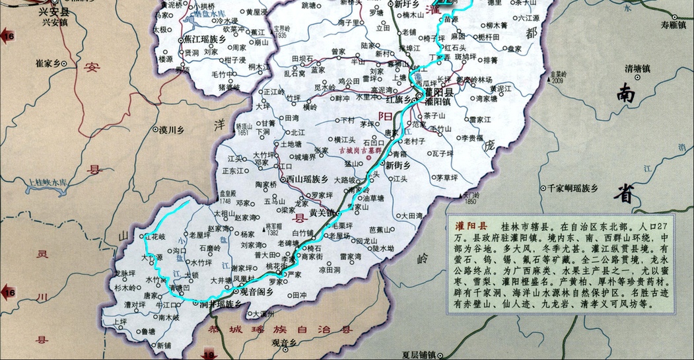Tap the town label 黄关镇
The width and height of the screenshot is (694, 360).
pyautogui.click(x=323, y=205)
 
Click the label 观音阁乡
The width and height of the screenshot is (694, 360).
pyautogui.click(x=257, y=291)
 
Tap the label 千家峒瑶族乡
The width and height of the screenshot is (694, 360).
pyautogui.click(x=573, y=188)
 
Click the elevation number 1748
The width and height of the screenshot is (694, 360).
pyautogui.click(x=224, y=200)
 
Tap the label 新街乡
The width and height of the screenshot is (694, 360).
pyautogui.click(x=398, y=164)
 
